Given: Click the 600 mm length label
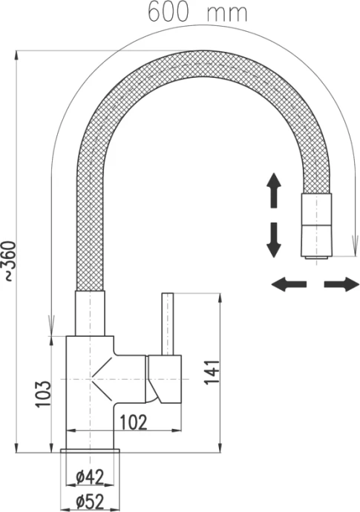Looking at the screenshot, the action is click(197, 12).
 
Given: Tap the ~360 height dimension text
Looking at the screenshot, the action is click(9, 261).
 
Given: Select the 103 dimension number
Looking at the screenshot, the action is click(44, 394).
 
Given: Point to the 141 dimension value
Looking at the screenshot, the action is click(212, 372).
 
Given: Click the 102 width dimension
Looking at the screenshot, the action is click(134, 422).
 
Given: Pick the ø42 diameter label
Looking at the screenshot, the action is click(90, 477).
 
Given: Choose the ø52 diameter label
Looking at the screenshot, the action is click(90, 502).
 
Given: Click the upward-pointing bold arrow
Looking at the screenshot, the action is click(274, 191).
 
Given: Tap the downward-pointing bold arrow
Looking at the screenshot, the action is click(274, 240).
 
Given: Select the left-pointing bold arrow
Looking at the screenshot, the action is click(289, 284).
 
